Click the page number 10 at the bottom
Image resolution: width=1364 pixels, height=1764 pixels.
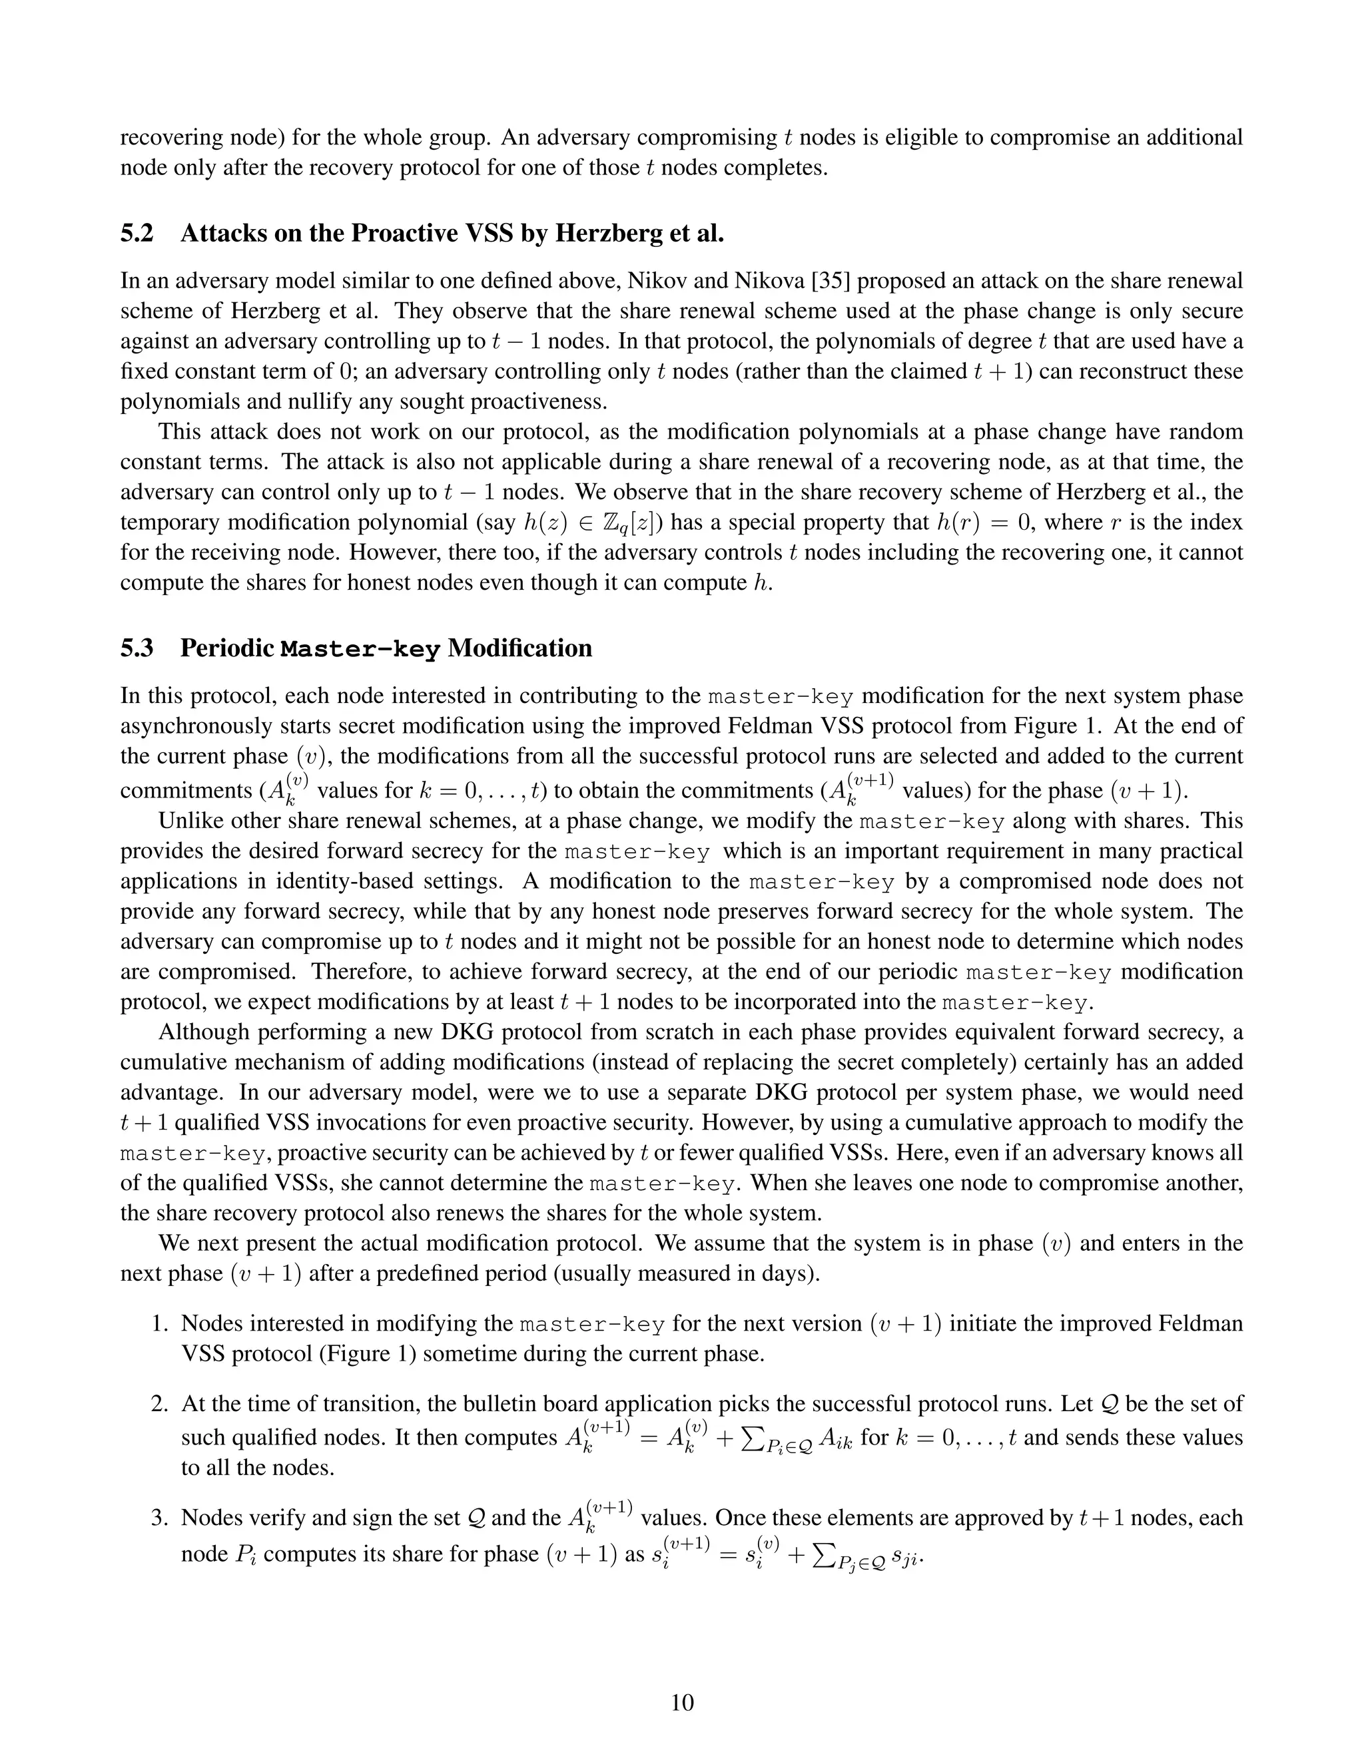[x=682, y=1702]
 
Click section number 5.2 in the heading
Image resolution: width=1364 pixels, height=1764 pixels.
[x=137, y=234]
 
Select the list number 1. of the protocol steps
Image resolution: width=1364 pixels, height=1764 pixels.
[x=160, y=1323]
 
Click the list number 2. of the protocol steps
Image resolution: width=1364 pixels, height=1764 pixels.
[x=160, y=1403]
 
